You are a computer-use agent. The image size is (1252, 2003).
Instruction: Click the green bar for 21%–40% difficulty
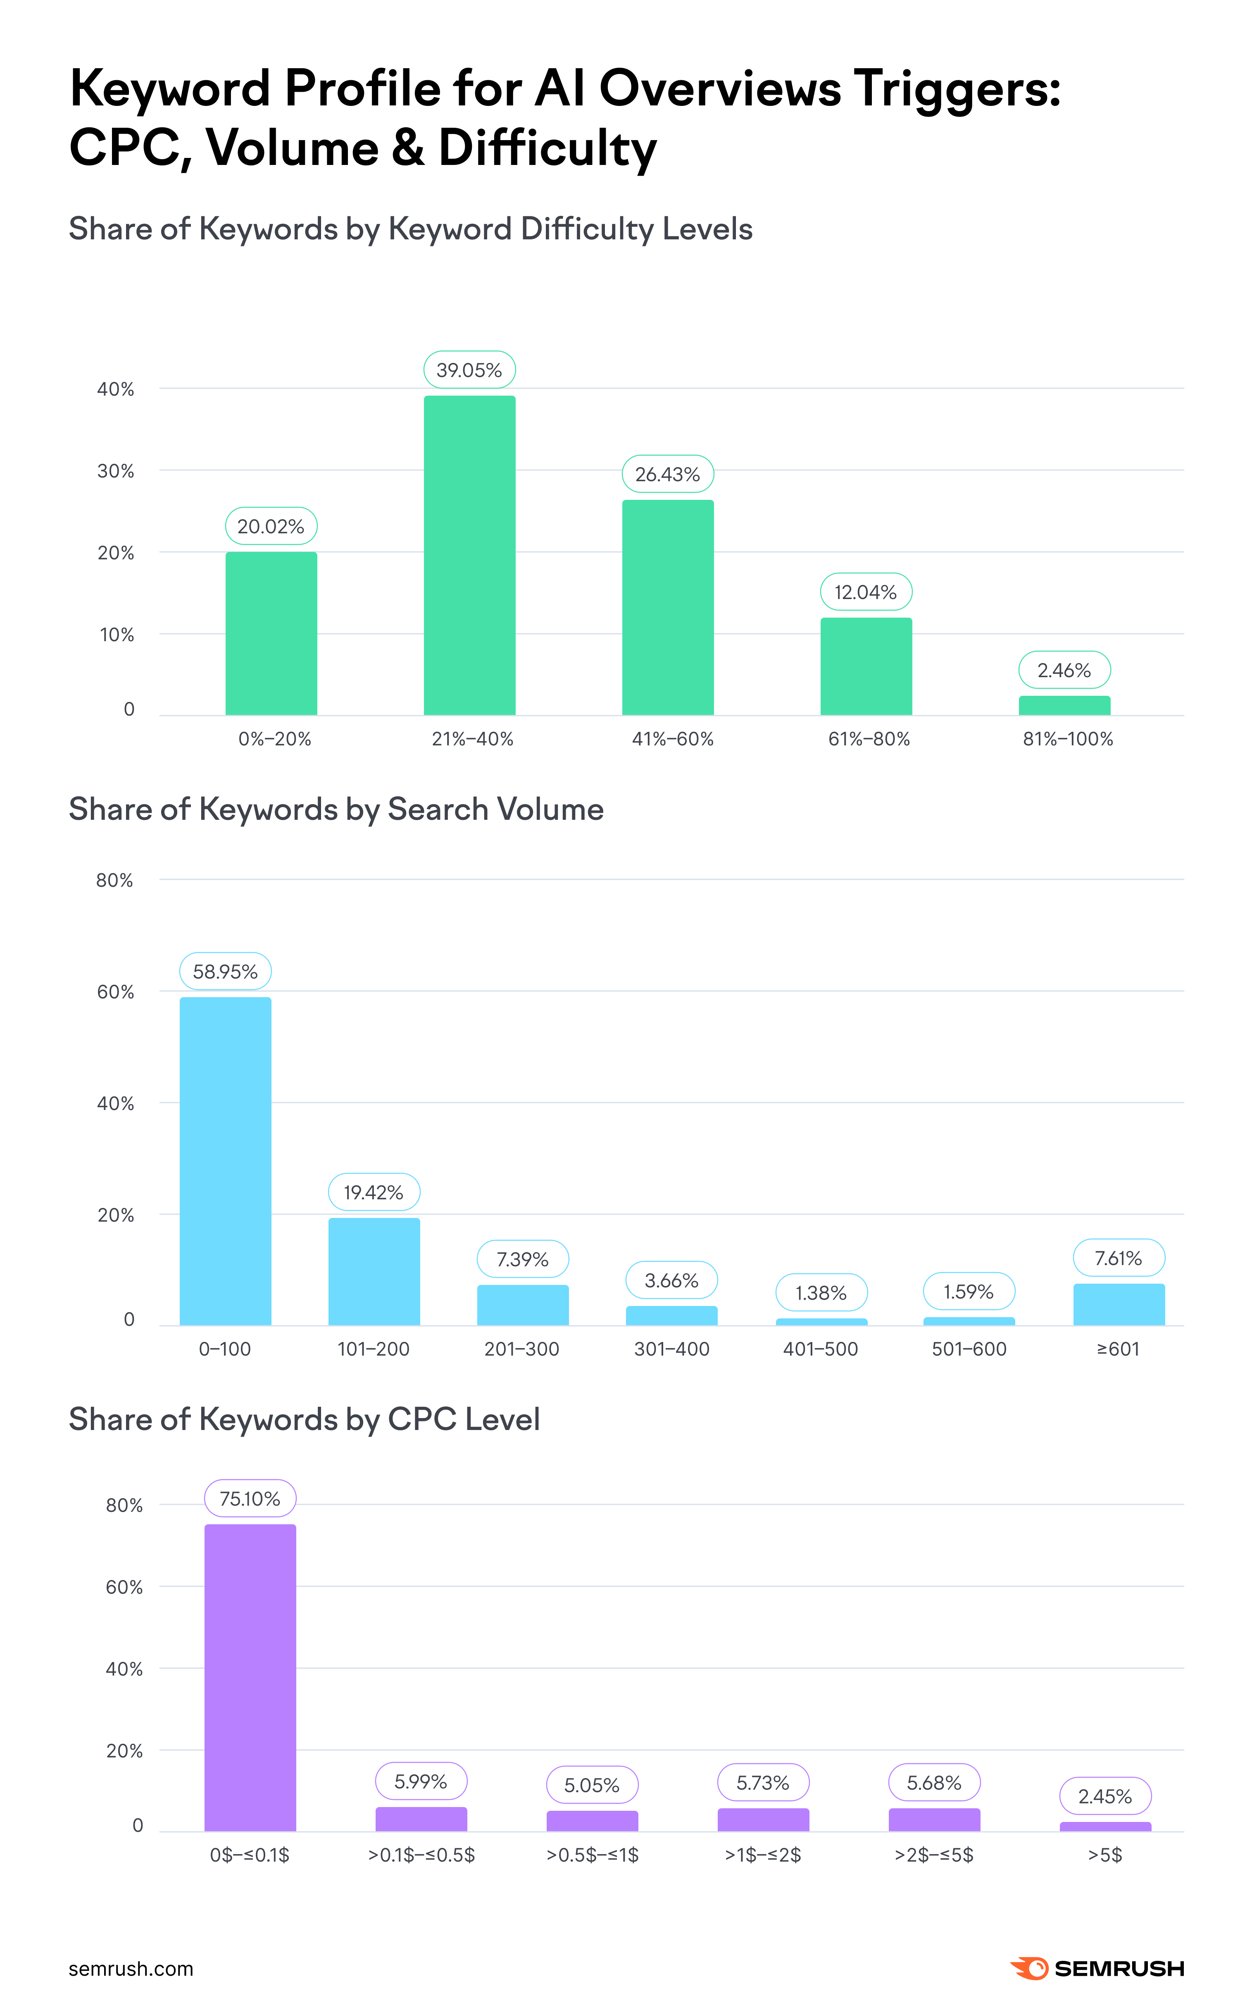pos(469,555)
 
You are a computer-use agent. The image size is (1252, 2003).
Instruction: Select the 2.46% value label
pos(1064,670)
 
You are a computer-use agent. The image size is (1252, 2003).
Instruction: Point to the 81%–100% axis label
pos(1067,739)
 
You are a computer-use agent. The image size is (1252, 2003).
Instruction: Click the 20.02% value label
pos(271,526)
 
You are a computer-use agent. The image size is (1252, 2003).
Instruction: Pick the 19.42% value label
pos(374,1192)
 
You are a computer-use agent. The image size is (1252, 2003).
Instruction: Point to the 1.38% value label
pos(821,1293)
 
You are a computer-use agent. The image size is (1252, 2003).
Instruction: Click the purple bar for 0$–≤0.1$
pos(250,1678)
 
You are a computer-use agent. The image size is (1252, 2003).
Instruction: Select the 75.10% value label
pos(250,1499)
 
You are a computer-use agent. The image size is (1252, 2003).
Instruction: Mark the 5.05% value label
pos(592,1785)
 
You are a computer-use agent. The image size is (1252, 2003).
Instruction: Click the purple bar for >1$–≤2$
pos(763,1820)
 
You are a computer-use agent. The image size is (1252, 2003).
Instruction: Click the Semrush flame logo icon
pos(1029,1968)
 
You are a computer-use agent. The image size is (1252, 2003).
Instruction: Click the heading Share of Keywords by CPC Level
pos(304,1419)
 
